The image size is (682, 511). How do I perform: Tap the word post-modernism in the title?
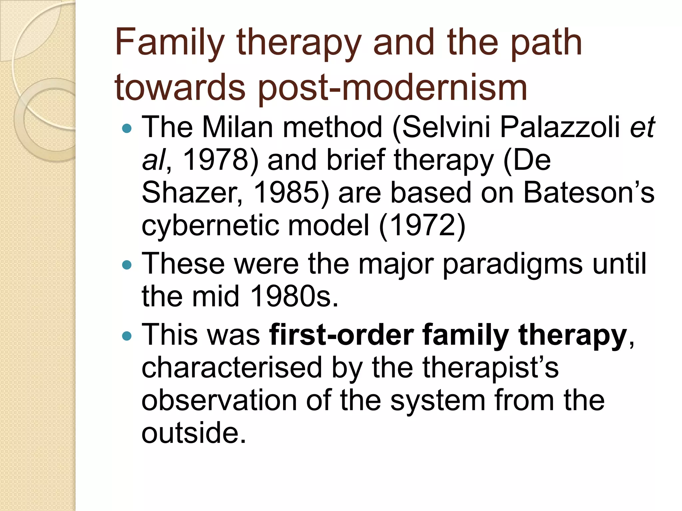click(393, 88)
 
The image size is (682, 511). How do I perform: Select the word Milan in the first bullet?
click(238, 127)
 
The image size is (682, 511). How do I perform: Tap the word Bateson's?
click(588, 193)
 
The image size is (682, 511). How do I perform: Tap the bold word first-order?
click(341, 335)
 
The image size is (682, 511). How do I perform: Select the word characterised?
click(231, 368)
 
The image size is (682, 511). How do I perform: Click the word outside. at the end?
click(193, 433)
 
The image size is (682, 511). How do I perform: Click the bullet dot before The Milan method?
click(127, 128)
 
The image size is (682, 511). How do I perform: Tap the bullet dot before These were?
click(127, 265)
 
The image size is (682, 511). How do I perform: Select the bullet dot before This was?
click(127, 336)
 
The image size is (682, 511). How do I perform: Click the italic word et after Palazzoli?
click(642, 127)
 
